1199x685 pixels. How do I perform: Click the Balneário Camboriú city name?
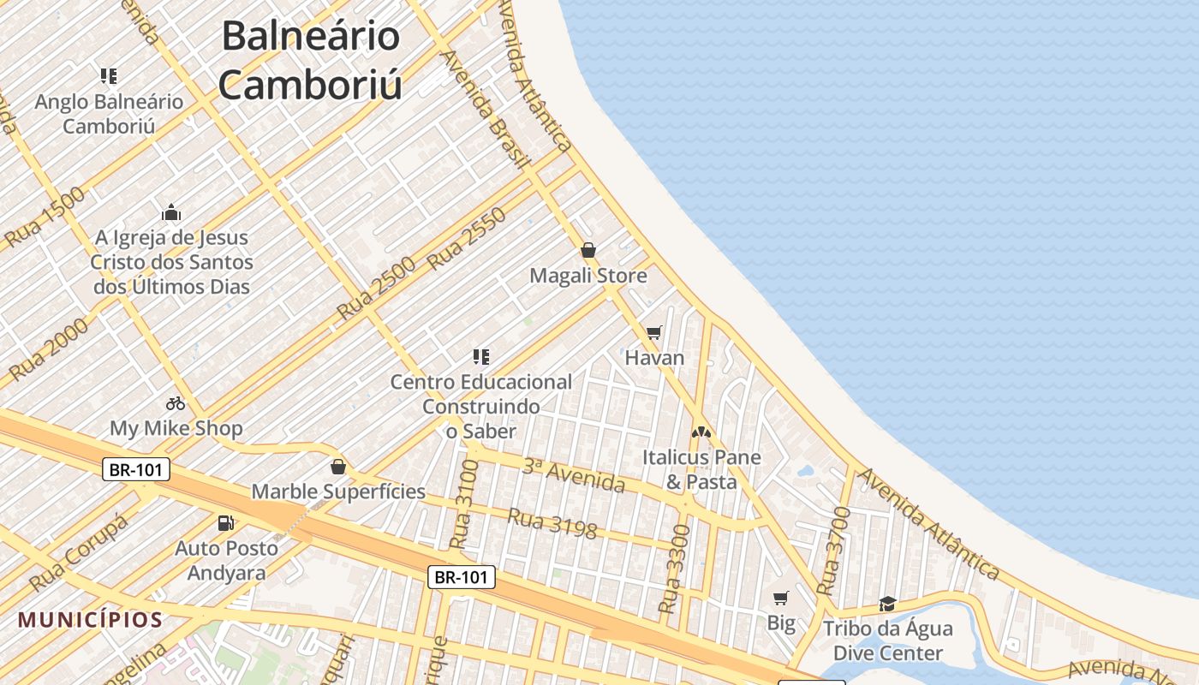coord(310,60)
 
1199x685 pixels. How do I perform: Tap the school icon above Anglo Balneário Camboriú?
coord(108,76)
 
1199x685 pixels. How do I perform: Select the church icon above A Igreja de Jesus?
coord(171,212)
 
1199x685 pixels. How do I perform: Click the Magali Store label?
coord(588,276)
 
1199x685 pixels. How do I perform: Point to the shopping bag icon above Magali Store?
coord(588,250)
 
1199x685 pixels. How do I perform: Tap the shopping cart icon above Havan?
coord(654,332)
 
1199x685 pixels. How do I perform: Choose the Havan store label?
coord(654,357)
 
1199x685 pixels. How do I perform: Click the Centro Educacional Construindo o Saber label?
coord(481,406)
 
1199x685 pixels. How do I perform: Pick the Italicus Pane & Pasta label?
coord(701,469)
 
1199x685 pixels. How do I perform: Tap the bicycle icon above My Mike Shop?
coord(176,402)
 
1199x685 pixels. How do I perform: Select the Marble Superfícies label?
coord(338,491)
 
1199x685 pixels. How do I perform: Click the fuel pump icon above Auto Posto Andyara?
coord(226,522)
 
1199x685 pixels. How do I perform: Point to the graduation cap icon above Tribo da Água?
coord(887,604)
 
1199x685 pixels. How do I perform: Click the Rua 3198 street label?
coord(552,523)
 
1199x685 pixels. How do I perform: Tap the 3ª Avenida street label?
coord(574,475)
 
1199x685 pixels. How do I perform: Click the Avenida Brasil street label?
coord(485,109)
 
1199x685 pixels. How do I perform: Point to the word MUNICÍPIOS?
coord(90,619)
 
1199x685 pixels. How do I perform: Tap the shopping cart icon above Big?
coord(780,598)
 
